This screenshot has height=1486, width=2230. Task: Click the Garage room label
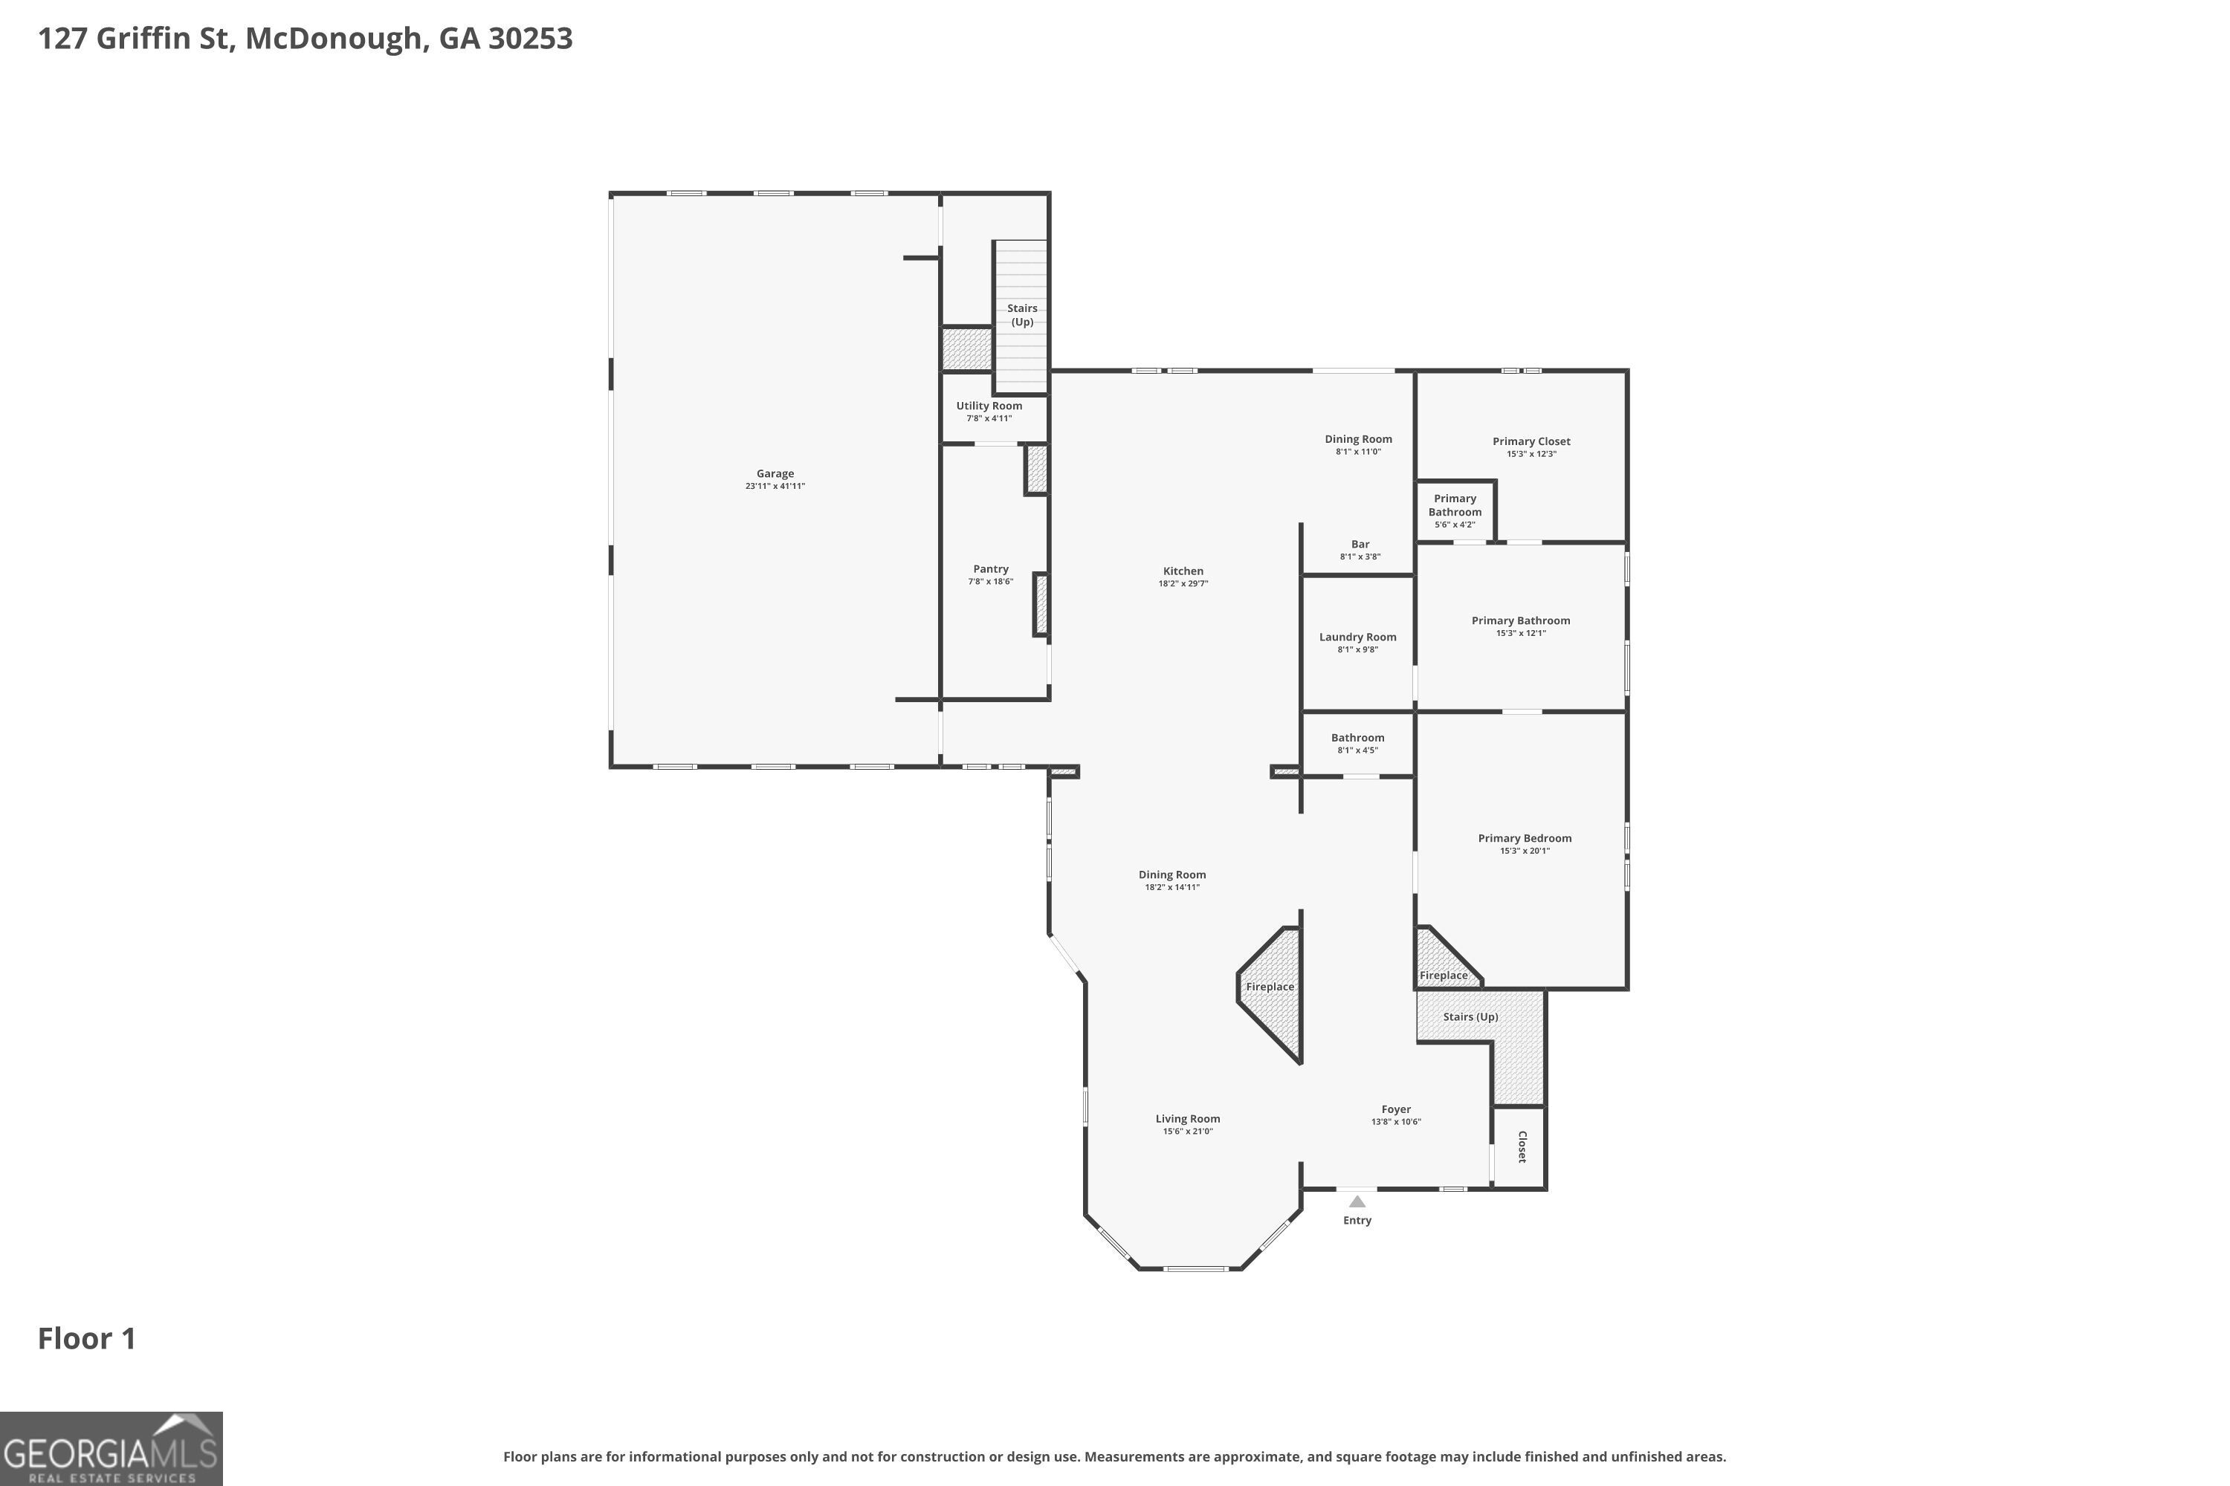pyautogui.click(x=775, y=474)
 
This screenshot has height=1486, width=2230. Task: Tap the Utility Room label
pyautogui.click(x=989, y=406)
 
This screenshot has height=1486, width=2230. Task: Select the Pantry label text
pyautogui.click(x=991, y=570)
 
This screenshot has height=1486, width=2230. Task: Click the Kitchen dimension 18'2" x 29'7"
pyautogui.click(x=1183, y=584)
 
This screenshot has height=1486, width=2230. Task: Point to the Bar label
pyautogui.click(x=1360, y=545)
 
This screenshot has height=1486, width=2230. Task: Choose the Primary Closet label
pyautogui.click(x=1531, y=441)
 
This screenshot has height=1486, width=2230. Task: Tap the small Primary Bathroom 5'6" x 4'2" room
pyautogui.click(x=1455, y=511)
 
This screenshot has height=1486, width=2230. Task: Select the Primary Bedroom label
pyautogui.click(x=1524, y=839)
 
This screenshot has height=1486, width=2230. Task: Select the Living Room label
pyautogui.click(x=1187, y=1119)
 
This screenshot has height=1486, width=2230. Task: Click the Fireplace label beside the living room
pyautogui.click(x=1270, y=987)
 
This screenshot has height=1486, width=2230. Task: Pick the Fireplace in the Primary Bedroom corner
pyautogui.click(x=1442, y=975)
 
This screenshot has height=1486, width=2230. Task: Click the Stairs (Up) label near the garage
pyautogui.click(x=1021, y=314)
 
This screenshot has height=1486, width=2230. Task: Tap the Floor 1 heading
pyautogui.click(x=86, y=1339)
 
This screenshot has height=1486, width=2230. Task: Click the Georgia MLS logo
pyautogui.click(x=111, y=1448)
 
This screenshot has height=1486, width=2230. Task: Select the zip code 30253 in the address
pyautogui.click(x=530, y=39)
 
